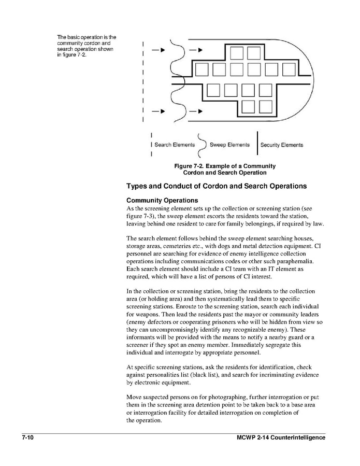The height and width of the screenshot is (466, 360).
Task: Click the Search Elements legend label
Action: pos(175,145)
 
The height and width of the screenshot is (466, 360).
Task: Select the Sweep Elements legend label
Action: pos(229,145)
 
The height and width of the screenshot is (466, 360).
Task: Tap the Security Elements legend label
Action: pos(282,145)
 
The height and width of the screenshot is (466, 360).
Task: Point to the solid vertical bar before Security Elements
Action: pos(257,145)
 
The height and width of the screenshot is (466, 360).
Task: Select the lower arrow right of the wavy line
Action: pos(196,111)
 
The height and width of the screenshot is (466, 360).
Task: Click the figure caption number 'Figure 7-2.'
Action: pos(192,166)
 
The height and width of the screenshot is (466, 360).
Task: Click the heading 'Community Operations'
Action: pos(162,200)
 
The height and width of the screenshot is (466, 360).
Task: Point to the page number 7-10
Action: pos(28,438)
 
